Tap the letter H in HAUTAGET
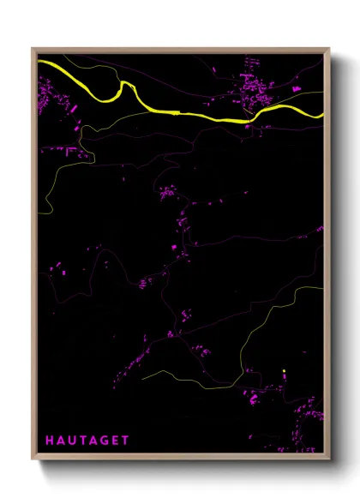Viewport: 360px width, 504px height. (x=49, y=441)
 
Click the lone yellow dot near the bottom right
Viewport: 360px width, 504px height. (x=283, y=371)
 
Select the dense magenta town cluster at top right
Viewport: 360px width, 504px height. (x=255, y=86)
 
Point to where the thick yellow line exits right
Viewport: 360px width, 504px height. (x=322, y=115)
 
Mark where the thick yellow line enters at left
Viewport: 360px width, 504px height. (x=39, y=62)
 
